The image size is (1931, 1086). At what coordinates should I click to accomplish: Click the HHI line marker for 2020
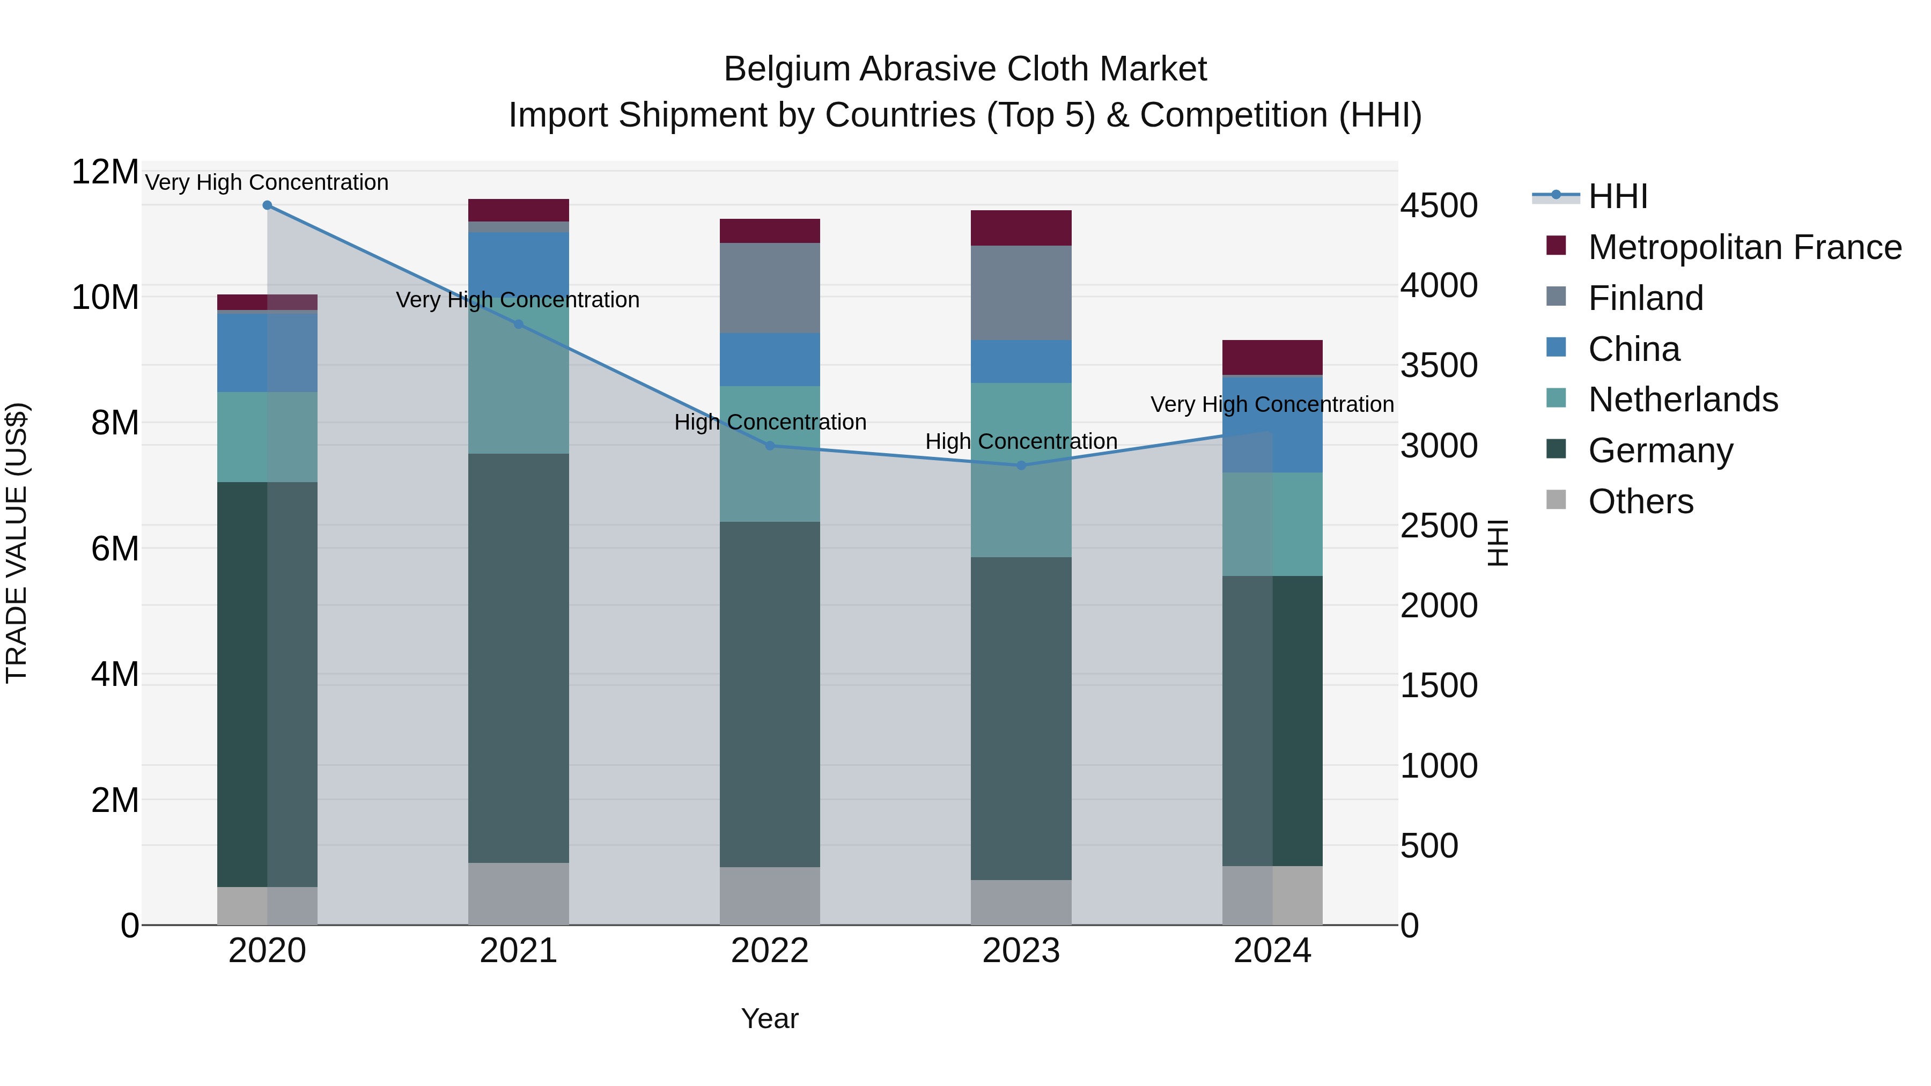(267, 205)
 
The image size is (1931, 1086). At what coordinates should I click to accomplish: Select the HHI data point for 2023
(1021, 466)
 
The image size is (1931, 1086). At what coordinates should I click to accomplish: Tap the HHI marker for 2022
(770, 446)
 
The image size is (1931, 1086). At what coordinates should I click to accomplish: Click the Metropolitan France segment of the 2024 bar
(1272, 358)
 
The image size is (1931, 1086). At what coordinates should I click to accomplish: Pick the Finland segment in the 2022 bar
(770, 288)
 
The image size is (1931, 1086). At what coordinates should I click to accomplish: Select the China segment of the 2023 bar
(1021, 361)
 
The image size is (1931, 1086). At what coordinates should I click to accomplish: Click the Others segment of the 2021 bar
(518, 893)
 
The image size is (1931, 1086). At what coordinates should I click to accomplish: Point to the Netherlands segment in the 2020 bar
(267, 437)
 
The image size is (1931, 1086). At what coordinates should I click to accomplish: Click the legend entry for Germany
(1660, 450)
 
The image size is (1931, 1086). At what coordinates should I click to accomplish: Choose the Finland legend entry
(1646, 298)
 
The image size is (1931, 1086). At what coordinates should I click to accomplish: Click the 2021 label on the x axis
(518, 951)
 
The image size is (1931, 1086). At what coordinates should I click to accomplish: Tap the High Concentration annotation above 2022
(770, 422)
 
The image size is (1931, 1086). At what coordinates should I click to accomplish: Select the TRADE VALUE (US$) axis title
(17, 543)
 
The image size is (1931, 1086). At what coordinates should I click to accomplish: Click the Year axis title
(769, 1018)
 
